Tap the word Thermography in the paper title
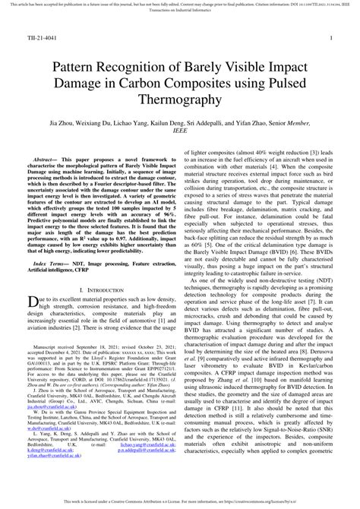[180, 100]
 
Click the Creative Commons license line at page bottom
[180, 503]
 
